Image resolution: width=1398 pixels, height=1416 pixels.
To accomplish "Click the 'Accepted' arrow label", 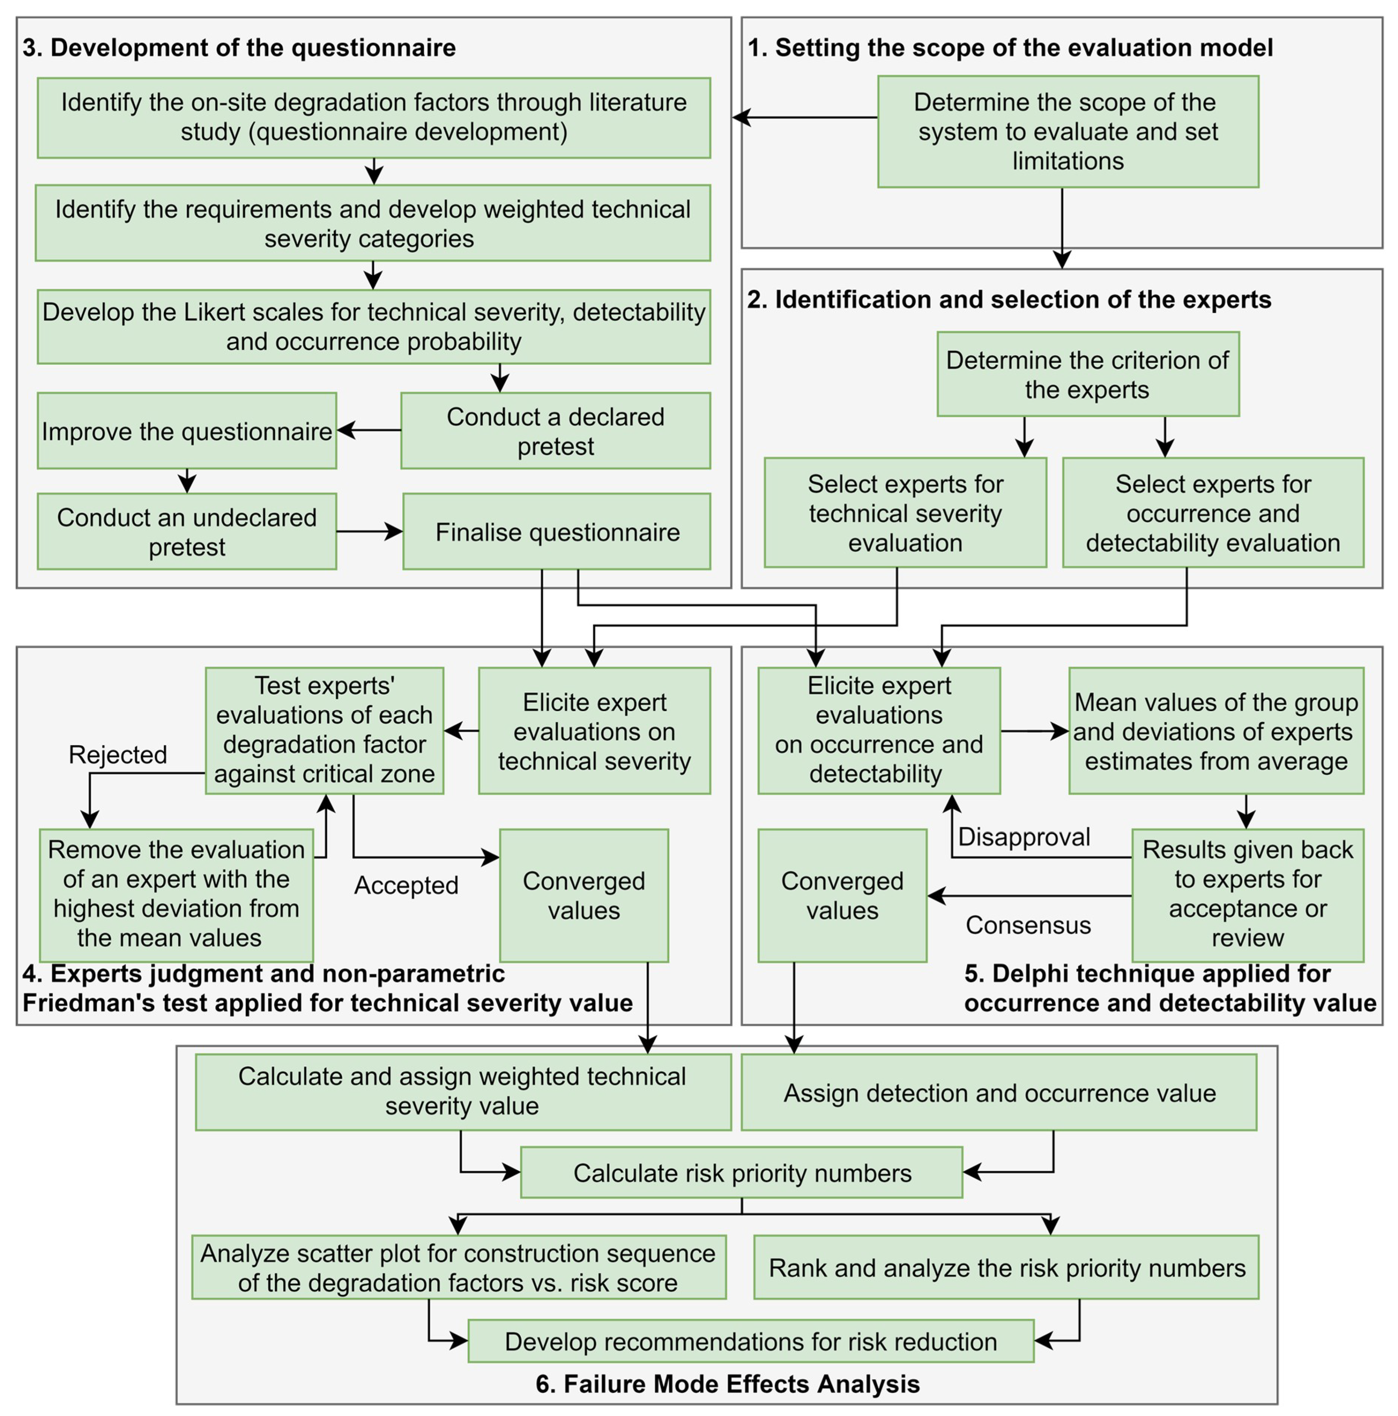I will [406, 885].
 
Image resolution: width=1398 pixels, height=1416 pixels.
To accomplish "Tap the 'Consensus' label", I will [1028, 925].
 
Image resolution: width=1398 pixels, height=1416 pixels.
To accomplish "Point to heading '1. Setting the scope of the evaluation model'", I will [1009, 48].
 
